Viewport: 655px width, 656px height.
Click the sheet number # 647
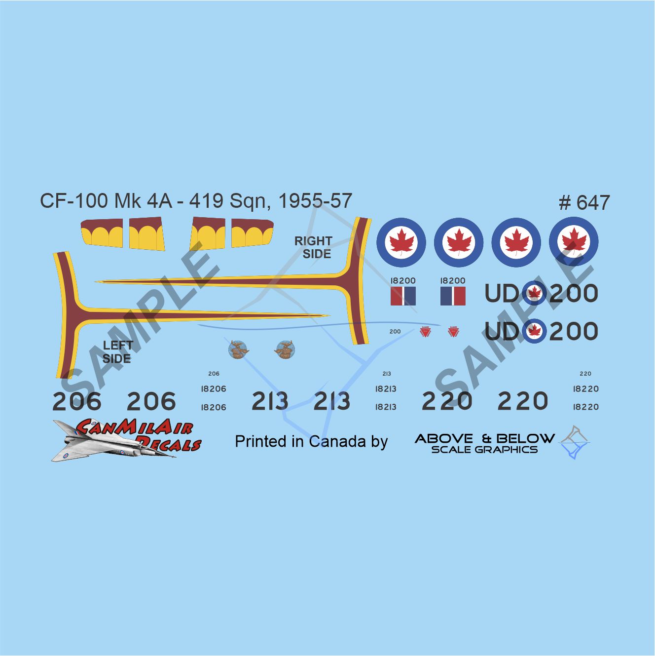pyautogui.click(x=584, y=203)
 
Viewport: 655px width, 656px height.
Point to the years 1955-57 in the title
pyautogui.click(x=315, y=201)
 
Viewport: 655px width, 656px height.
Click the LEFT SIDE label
pyautogui.click(x=117, y=352)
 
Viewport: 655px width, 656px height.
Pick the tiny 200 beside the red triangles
pyautogui.click(x=395, y=332)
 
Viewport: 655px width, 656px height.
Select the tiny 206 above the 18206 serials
pyautogui.click(x=214, y=374)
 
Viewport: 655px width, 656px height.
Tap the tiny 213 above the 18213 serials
pyautogui.click(x=387, y=374)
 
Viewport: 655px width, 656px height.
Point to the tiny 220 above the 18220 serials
pyautogui.click(x=585, y=374)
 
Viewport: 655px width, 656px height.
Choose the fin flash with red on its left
pyautogui.click(x=403, y=296)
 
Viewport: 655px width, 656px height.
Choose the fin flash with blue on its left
pyautogui.click(x=453, y=296)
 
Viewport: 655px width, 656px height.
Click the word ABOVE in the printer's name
pyautogui.click(x=444, y=438)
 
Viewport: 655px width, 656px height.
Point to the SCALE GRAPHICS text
pyautogui.click(x=484, y=450)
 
